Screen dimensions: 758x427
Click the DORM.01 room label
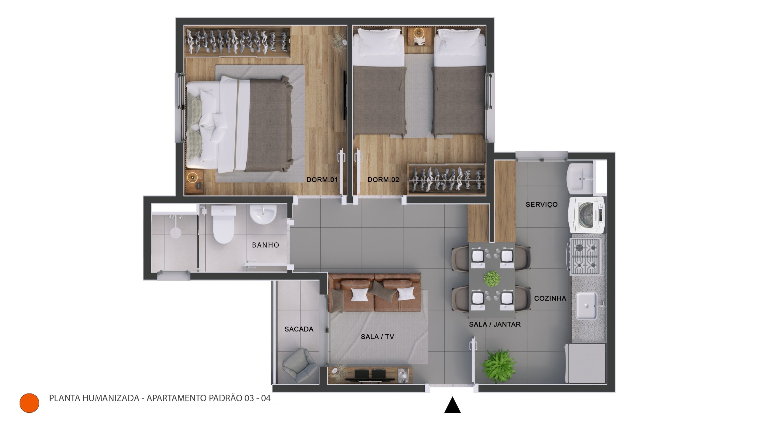click(322, 180)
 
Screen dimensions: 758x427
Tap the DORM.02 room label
click(383, 180)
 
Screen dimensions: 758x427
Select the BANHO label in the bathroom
click(266, 245)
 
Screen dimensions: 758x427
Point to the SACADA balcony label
click(299, 329)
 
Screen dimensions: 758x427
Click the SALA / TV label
click(377, 337)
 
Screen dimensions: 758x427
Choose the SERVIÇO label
click(542, 204)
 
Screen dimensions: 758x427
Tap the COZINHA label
click(550, 298)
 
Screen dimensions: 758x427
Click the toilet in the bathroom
click(224, 224)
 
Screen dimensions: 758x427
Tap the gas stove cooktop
click(585, 256)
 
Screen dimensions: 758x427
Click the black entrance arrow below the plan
click(452, 405)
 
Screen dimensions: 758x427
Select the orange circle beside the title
click(29, 403)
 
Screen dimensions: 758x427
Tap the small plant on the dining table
click(492, 279)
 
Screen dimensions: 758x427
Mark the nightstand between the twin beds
click(419, 37)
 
